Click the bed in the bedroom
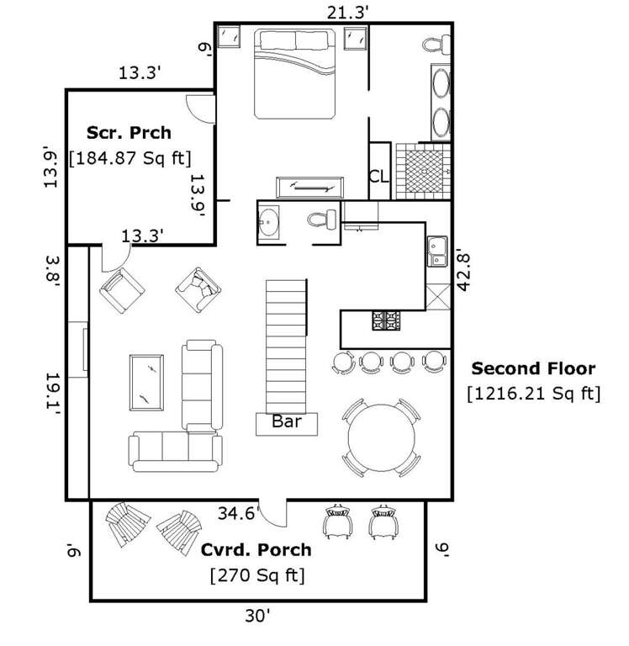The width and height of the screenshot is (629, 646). coord(295,74)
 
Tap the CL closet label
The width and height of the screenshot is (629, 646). coord(379,177)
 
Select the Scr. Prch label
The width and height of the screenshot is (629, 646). coord(129,133)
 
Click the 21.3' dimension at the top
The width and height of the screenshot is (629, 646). coord(347,13)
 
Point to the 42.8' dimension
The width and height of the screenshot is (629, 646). coord(463,273)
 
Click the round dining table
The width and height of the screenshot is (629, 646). coord(382,437)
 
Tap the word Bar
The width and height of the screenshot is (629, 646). coord(287,421)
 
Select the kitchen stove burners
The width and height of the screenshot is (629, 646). coord(386,320)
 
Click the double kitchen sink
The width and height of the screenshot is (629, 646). coord(437,252)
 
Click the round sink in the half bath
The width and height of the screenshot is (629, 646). coord(268,222)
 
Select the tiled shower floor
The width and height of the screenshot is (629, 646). coord(424,172)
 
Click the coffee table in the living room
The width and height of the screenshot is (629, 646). coord(146,383)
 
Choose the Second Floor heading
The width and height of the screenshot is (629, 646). coord(533,368)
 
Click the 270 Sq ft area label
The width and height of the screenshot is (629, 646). coord(257,575)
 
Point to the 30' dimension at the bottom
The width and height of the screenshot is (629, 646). coord(257,617)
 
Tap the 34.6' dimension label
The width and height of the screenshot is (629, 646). coord(239,513)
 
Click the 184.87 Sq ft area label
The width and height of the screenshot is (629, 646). coord(130,158)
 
